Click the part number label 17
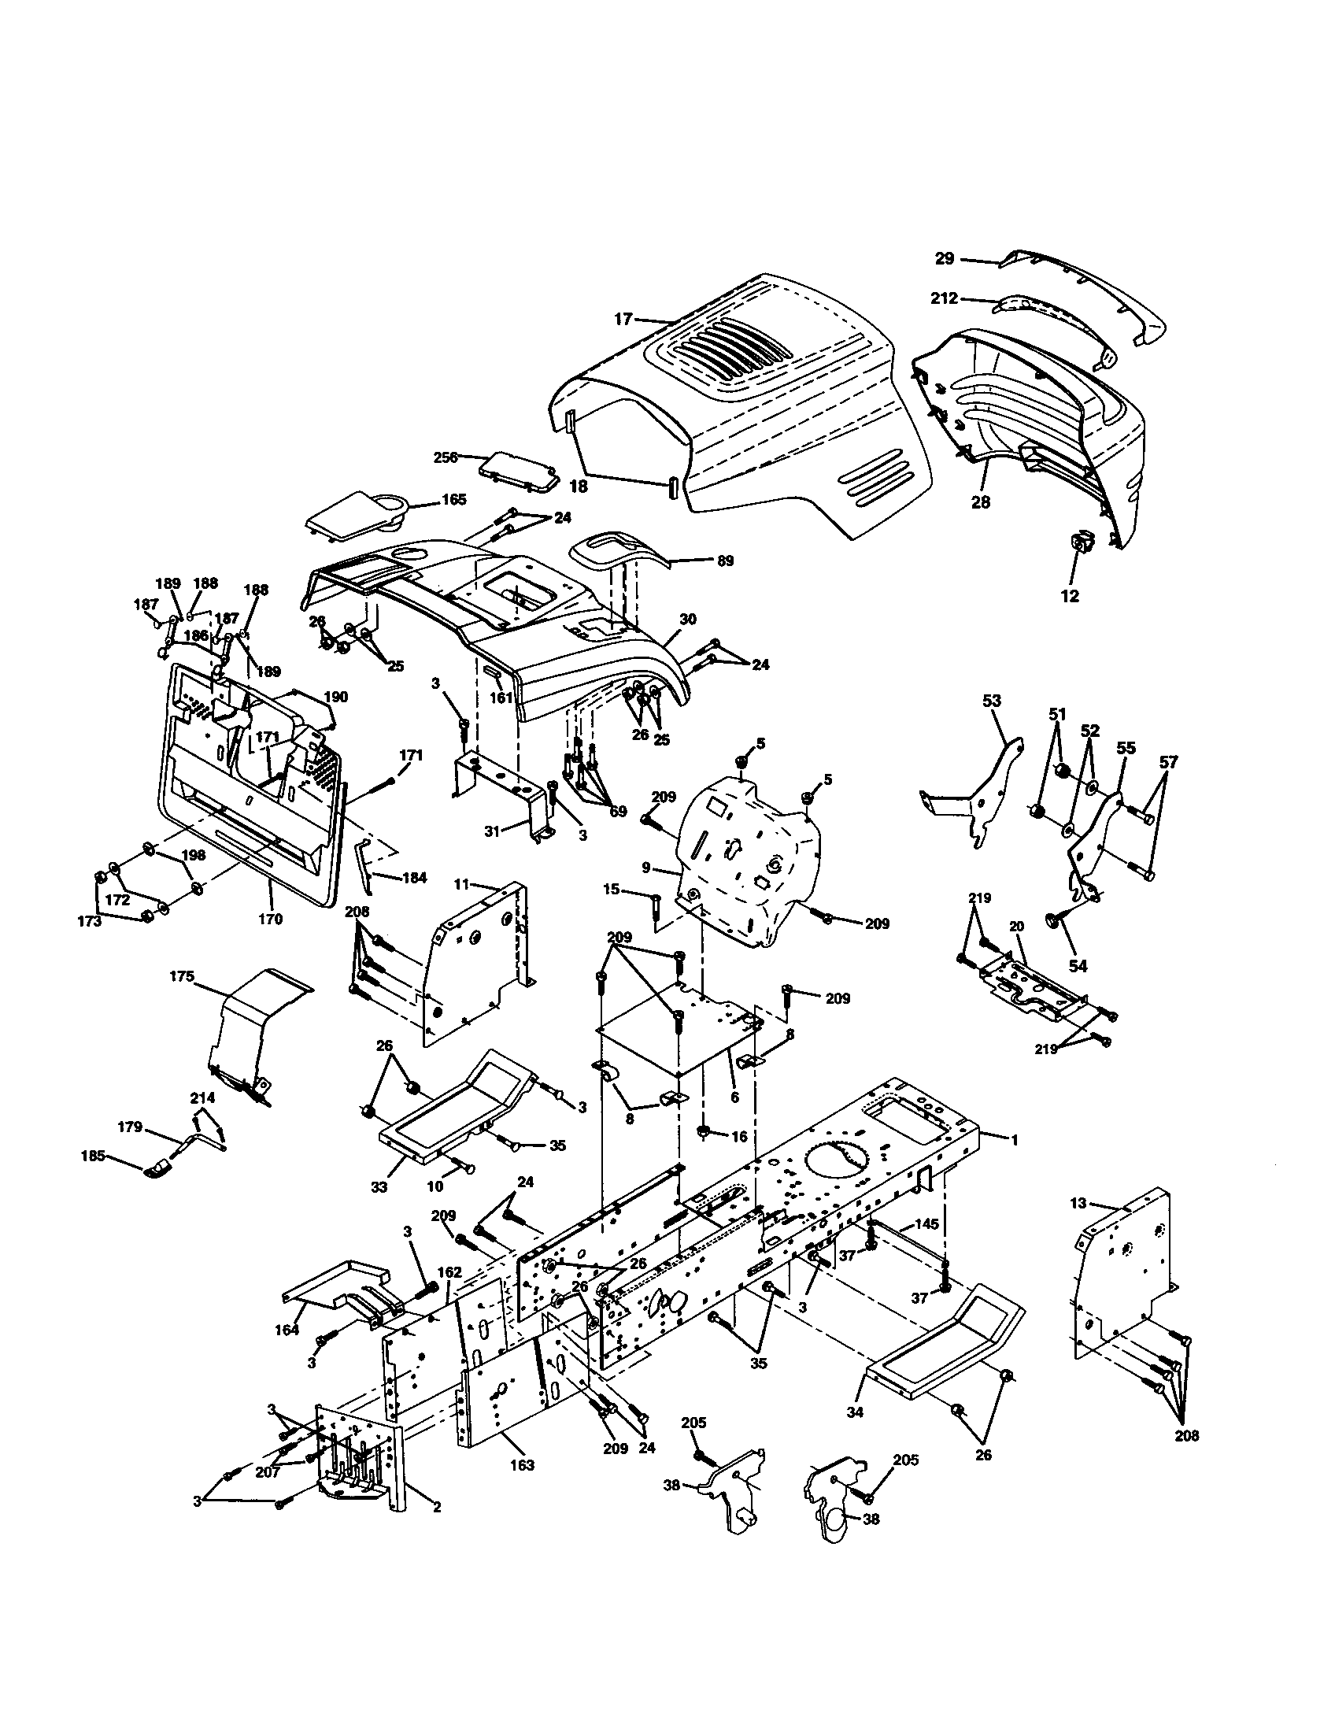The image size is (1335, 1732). point(623,319)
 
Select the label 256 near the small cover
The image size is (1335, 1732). point(446,457)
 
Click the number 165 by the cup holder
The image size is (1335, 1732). point(454,500)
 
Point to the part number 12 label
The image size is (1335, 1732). point(1070,597)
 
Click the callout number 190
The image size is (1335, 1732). point(336,696)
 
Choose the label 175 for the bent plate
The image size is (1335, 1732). point(182,977)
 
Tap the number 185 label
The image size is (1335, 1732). point(93,1156)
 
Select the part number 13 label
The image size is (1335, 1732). point(1078,1203)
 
